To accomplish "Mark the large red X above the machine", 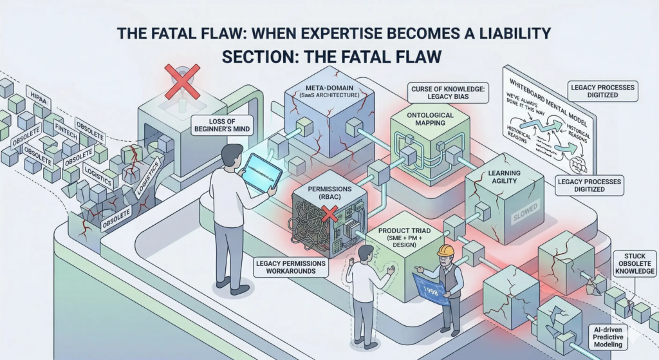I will (182, 81).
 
